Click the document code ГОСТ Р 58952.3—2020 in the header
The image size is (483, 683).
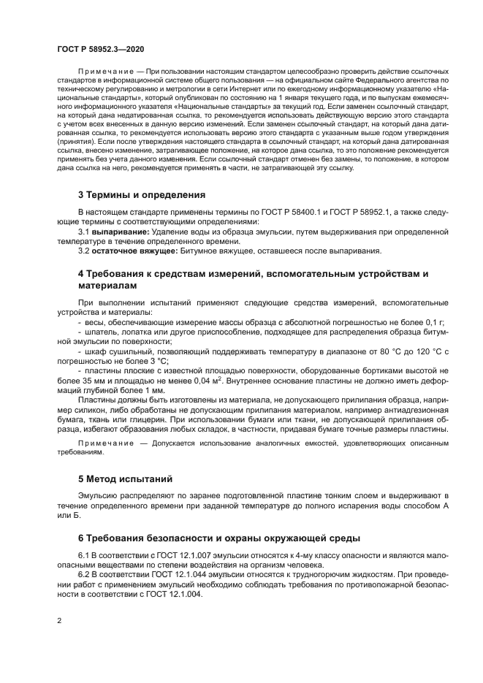[x=100, y=48]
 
